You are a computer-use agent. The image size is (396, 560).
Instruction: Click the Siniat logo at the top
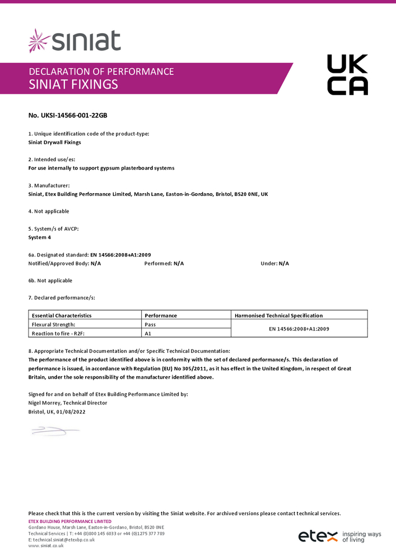pos(74,41)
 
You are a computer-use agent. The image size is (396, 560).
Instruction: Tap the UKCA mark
pos(347,74)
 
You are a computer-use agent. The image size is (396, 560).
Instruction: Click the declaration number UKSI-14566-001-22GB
pos(67,115)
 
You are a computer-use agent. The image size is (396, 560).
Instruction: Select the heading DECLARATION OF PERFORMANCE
pos(101,71)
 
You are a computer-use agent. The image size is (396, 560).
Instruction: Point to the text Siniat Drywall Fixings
pos(54,142)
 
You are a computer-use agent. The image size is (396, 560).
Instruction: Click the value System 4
pos(41,237)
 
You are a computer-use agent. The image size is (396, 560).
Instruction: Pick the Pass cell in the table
pos(150,324)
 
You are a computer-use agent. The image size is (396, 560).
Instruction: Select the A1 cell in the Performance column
pos(148,333)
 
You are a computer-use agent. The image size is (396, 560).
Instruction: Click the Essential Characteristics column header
pos(62,315)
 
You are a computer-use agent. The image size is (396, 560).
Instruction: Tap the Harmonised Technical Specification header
pos(278,315)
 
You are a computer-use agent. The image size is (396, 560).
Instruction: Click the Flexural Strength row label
pos(54,324)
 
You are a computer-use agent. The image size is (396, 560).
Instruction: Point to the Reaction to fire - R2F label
pos(58,333)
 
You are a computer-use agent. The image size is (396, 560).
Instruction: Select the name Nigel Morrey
pos(44,403)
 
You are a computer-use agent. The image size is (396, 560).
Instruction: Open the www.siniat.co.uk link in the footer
pos(46,545)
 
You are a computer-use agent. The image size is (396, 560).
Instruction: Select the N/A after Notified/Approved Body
pos(96,263)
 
